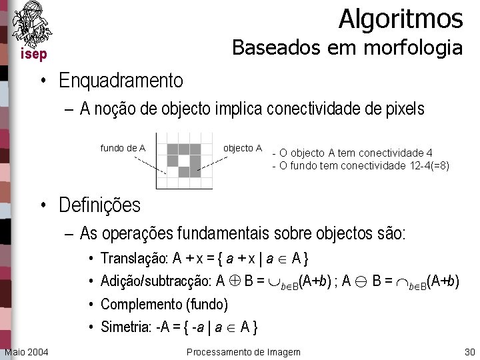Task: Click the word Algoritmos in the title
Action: pos(400,19)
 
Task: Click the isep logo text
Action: pos(33,55)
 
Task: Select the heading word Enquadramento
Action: pos(121,81)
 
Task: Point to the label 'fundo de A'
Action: pos(123,148)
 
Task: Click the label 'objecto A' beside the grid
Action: pos(242,148)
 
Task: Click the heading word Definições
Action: pos(99,205)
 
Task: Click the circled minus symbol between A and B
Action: pos(360,282)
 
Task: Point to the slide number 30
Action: pos(469,352)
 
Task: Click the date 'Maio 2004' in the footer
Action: pos(26,352)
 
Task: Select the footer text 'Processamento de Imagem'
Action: pos(243,352)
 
